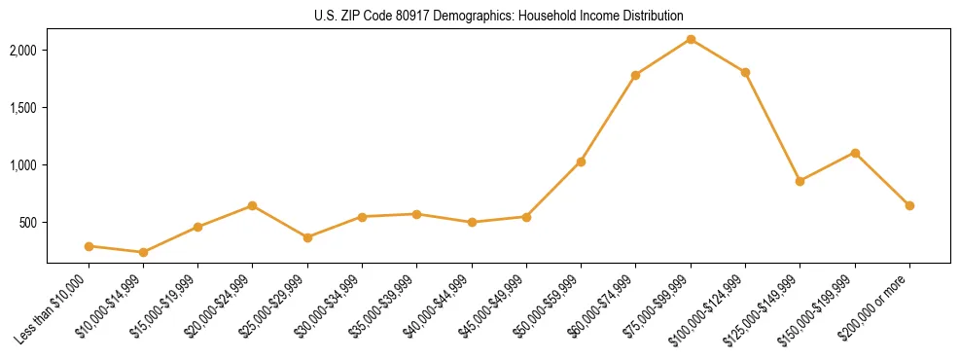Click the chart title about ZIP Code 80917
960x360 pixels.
499,17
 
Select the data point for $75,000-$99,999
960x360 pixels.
691,39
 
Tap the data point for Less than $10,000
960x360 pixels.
89,246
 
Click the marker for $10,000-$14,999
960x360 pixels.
143,252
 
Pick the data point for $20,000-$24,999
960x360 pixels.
253,205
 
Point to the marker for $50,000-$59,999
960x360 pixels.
581,162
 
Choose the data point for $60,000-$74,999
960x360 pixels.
635,75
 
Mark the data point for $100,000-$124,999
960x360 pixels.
745,72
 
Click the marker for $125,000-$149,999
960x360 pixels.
800,181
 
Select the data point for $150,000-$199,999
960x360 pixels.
855,153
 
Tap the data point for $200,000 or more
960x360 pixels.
909,205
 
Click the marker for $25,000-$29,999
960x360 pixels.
307,237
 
